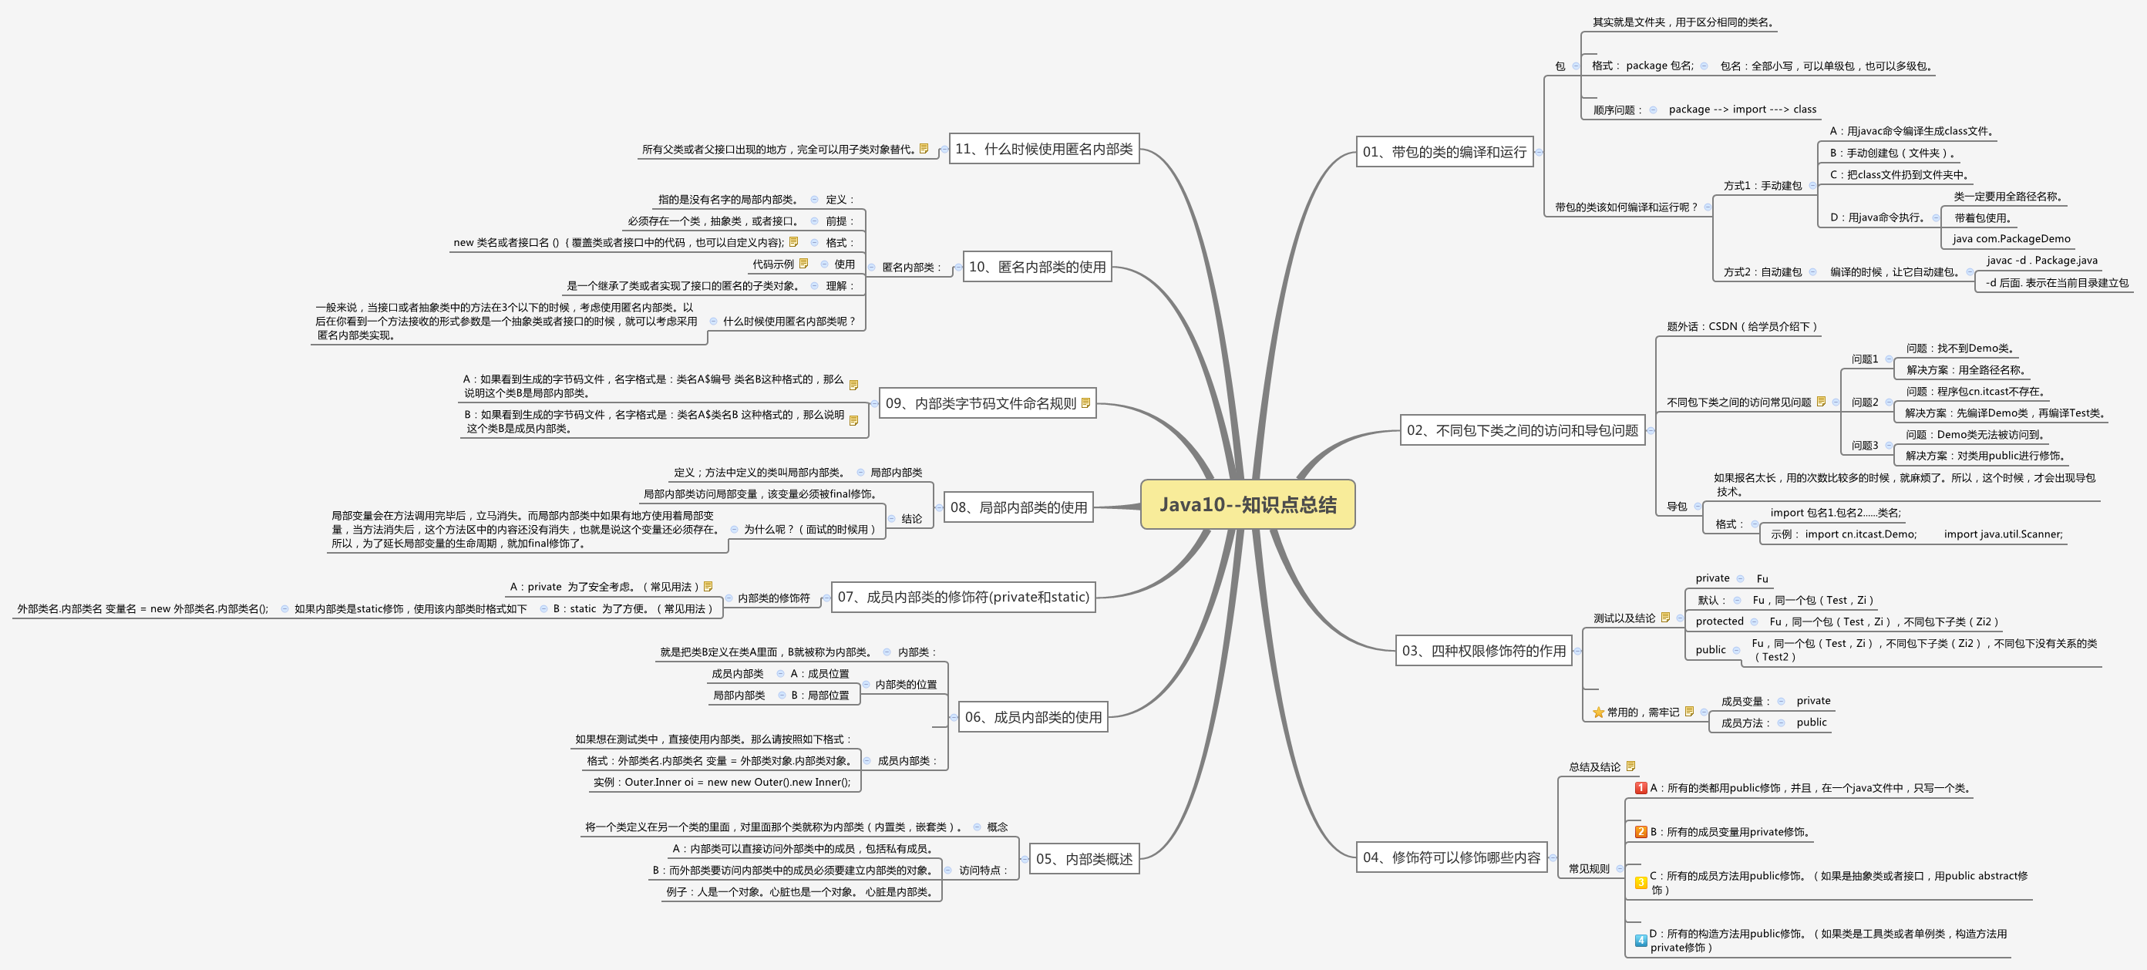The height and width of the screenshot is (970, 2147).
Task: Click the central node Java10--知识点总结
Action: point(1247,504)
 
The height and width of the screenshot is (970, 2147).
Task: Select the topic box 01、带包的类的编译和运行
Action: point(1445,152)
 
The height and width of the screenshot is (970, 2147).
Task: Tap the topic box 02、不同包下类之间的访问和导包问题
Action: point(1522,430)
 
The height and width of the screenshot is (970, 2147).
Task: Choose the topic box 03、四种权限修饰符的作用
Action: point(1483,650)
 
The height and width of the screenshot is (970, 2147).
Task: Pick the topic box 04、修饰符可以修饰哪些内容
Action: point(1451,857)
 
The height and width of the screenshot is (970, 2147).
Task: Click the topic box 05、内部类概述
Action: point(1083,858)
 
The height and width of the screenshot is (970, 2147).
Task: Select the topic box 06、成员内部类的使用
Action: point(1033,716)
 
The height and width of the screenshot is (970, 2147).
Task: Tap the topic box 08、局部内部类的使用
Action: point(1018,507)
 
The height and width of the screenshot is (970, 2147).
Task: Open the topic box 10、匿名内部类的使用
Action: point(1037,267)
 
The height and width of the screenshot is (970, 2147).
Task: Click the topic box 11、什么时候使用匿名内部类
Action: point(1044,148)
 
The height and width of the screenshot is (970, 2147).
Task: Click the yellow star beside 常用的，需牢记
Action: point(1598,712)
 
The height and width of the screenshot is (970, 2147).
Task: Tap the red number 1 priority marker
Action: point(1641,787)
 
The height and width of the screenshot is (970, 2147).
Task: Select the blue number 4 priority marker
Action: point(1641,940)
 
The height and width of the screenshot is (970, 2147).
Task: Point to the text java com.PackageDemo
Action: point(2011,238)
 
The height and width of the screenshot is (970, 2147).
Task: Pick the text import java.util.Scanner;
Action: point(2003,534)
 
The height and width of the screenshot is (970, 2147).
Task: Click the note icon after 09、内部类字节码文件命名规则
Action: point(1085,403)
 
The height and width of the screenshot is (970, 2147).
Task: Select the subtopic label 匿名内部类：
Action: point(912,268)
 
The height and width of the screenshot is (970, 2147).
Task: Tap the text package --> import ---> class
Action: point(1742,109)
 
